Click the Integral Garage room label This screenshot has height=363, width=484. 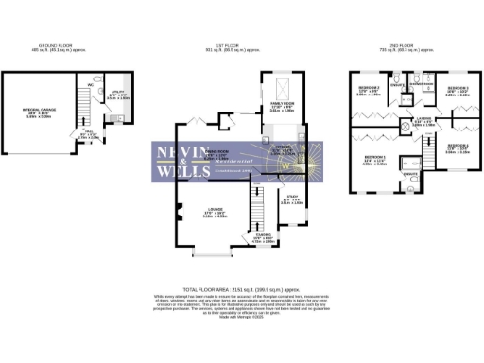(x=40, y=112)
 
